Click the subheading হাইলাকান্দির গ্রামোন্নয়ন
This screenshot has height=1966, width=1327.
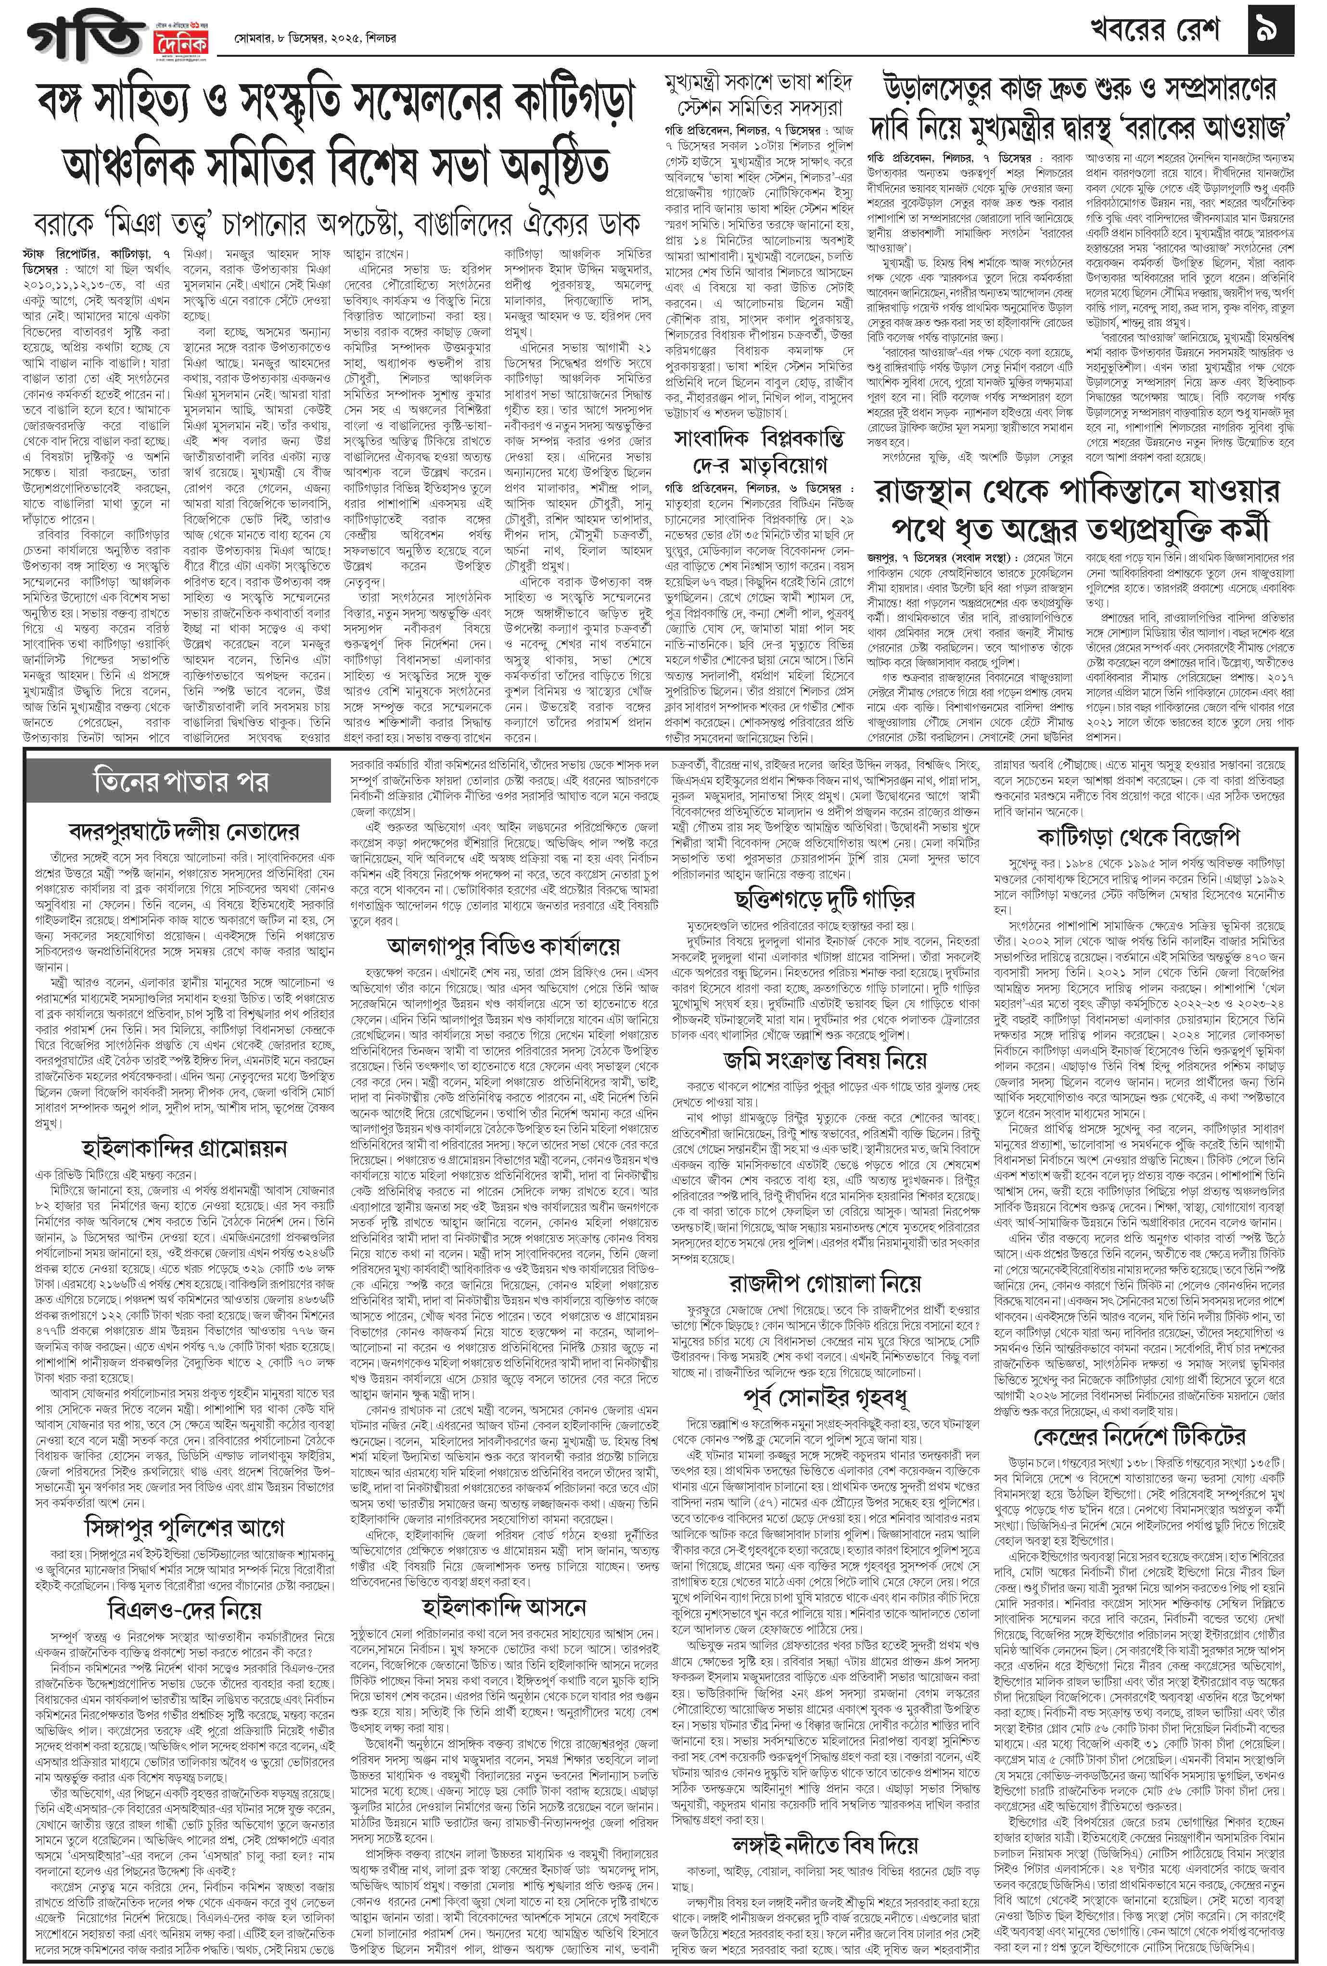(184, 1148)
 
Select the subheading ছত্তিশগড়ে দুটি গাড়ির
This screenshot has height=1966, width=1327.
(825, 898)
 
